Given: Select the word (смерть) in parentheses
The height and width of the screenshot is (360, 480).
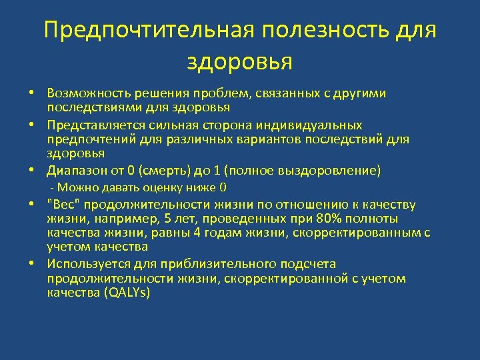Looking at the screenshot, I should click(169, 171).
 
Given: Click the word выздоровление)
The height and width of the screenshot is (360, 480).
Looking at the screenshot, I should click(333, 171).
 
